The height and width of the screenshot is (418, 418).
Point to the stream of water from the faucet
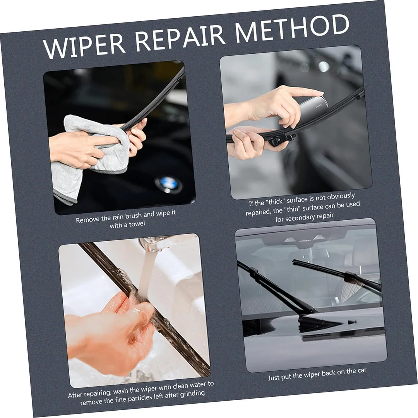[147, 271]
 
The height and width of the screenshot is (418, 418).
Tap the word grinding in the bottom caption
[191, 394]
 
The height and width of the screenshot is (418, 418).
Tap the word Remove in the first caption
[88, 220]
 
